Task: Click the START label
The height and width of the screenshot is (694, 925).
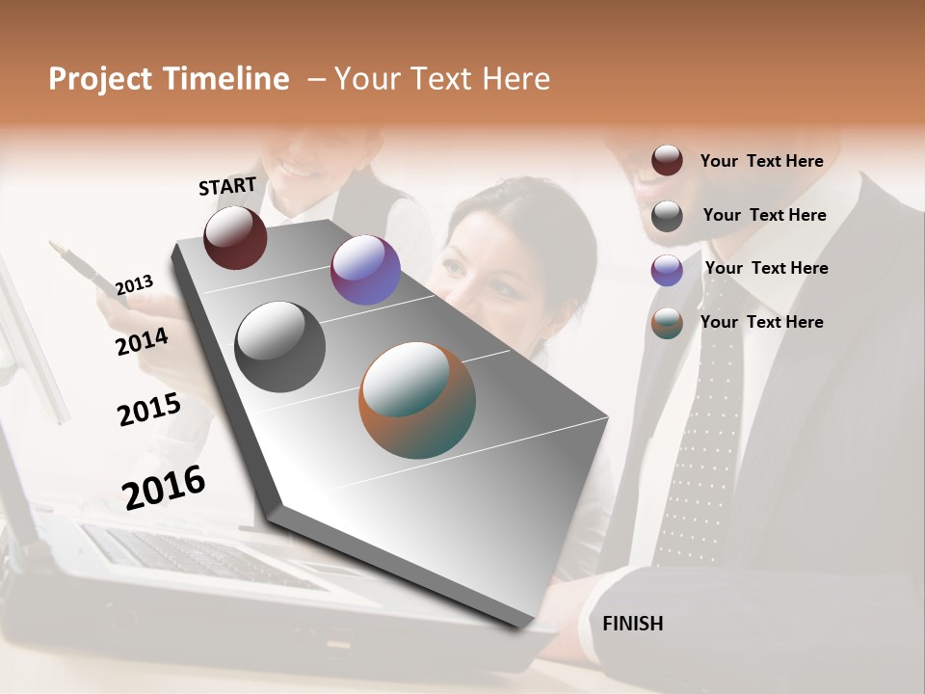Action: (227, 186)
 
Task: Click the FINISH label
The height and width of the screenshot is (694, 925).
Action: (632, 624)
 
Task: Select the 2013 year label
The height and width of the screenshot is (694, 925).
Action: (134, 285)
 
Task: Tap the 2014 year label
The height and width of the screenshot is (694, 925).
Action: (142, 341)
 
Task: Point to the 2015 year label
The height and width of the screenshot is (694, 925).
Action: (149, 410)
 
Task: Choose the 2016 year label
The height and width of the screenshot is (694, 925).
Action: (164, 487)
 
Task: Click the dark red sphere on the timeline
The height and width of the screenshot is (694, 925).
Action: (235, 238)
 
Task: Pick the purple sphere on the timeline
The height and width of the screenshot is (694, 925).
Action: (365, 270)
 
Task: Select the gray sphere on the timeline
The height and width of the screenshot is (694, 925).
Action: (280, 347)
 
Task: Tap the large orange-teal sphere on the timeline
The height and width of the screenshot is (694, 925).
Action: (417, 400)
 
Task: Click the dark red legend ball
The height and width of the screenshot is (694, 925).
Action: (667, 161)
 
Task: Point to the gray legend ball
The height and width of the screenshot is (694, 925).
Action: (667, 216)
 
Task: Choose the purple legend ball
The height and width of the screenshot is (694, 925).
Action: (667, 270)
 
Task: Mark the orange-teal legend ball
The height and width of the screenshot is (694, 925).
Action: (667, 324)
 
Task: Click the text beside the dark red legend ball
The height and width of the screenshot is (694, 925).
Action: (761, 161)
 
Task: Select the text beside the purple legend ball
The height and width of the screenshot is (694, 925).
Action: (766, 268)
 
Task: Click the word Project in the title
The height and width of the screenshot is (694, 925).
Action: (101, 79)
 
